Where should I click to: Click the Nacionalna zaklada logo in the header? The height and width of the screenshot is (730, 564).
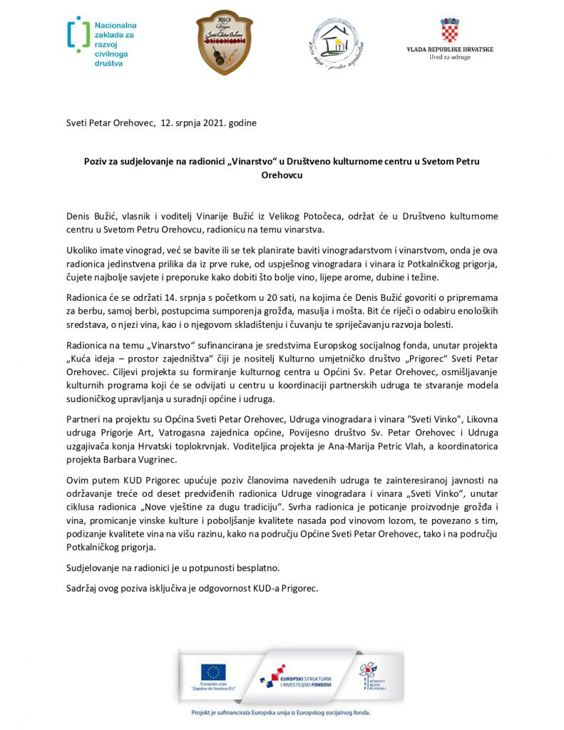[x=101, y=42]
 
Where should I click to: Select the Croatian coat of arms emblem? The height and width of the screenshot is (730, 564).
[x=449, y=31]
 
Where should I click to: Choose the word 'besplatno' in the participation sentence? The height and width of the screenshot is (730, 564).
[x=240, y=568]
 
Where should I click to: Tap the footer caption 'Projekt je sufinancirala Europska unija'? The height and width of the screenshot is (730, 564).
[x=282, y=711]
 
